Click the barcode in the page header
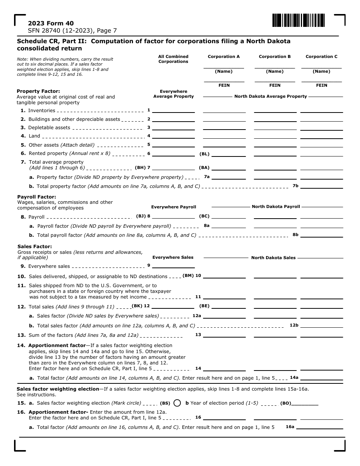point(299,20)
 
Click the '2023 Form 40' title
point(45,23)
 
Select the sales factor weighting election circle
point(177,403)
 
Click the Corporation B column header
point(275,56)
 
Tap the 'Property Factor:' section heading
point(38,91)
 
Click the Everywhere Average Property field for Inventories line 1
point(174,110)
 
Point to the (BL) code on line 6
point(204,154)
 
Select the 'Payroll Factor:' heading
point(36,197)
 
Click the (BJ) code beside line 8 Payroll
point(141,216)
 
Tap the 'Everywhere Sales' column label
point(173,257)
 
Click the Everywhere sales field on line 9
point(174,266)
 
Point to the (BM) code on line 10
point(188,276)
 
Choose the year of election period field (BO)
point(305,403)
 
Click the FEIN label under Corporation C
point(321,85)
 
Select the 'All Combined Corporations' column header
point(173,59)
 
